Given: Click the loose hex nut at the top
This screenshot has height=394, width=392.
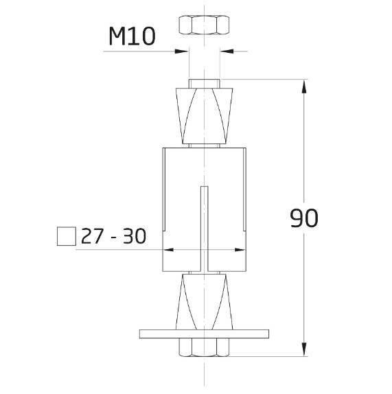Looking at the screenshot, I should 204,25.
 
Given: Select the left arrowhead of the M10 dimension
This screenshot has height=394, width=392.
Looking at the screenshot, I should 183,50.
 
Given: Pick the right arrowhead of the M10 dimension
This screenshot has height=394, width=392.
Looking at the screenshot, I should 226,50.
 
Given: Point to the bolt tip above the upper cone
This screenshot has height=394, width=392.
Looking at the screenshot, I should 204,83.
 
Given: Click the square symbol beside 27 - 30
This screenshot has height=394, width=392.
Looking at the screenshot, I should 66,236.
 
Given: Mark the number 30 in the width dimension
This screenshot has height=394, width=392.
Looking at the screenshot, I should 135,236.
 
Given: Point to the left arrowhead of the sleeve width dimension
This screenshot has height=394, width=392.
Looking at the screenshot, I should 168,250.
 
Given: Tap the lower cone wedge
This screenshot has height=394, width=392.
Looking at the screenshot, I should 204,302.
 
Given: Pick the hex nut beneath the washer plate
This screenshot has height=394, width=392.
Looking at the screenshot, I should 204,347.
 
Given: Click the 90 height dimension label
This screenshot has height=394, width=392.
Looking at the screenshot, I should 303,218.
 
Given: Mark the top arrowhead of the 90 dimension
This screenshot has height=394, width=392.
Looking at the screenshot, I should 303,86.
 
